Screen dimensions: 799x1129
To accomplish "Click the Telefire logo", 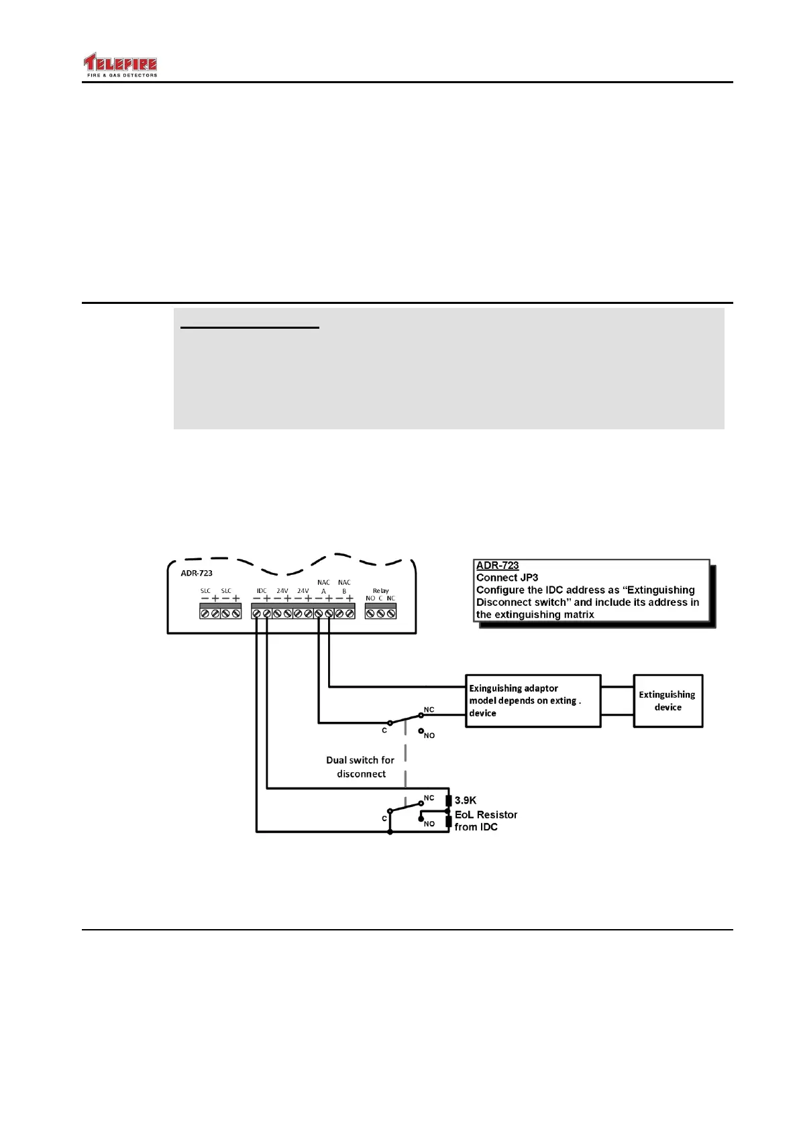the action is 120,66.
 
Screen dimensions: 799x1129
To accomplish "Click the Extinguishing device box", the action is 668,701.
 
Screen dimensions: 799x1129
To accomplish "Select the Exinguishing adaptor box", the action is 533,701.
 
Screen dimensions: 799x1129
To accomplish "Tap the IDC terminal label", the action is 261,591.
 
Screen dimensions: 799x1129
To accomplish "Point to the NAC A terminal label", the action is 323,586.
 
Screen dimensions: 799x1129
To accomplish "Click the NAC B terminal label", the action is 344,586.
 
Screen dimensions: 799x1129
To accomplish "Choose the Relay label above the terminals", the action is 380,590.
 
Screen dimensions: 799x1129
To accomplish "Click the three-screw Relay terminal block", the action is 380,612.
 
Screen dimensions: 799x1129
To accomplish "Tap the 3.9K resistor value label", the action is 466,800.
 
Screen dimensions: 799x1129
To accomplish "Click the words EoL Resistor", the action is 486,814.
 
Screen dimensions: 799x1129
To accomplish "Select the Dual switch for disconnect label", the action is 361,767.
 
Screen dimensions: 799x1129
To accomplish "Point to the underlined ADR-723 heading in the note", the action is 497,566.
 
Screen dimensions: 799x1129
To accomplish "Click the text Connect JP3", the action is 507,578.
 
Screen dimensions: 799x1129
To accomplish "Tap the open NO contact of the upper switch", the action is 421,730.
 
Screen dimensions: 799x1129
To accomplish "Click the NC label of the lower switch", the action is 429,798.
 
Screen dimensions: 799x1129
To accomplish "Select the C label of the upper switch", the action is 384,731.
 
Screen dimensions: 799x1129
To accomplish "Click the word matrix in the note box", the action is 578,614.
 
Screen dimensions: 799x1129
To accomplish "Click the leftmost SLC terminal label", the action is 205,591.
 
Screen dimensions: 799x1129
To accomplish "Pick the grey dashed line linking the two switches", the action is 405,758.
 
